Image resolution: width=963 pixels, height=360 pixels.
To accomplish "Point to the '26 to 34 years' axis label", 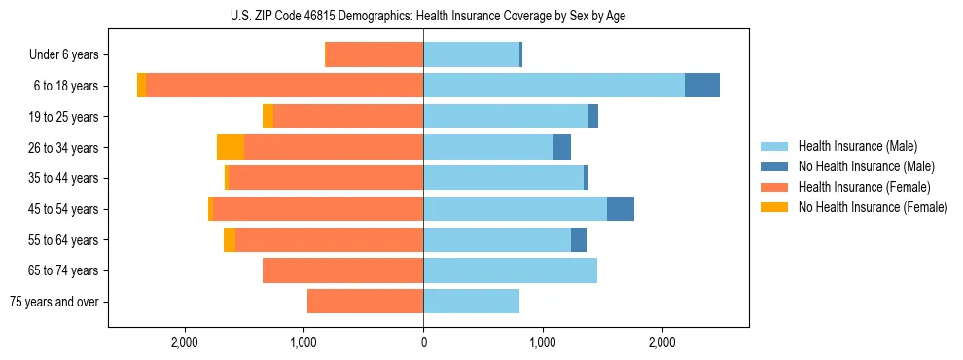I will (65, 147).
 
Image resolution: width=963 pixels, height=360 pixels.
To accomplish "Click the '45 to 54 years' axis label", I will (65, 209).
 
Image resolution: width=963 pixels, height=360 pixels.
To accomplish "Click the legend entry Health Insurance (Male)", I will (857, 146).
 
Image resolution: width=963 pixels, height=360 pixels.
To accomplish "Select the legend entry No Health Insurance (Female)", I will (873, 207).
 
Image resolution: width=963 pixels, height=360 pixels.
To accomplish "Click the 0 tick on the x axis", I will (423, 342).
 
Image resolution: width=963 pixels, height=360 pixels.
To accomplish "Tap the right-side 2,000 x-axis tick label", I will (661, 342).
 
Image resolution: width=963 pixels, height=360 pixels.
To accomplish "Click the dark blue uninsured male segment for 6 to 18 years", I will (702, 86).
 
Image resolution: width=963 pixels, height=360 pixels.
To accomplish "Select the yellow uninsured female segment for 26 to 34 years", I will (231, 147).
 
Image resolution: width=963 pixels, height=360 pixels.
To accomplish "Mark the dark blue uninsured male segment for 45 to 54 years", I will (621, 209).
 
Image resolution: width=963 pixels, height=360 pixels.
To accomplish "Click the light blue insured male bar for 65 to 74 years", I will (510, 270).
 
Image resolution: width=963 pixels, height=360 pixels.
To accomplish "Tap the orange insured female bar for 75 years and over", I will (365, 302).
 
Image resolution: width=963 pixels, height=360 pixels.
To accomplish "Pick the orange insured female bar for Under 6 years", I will (374, 54).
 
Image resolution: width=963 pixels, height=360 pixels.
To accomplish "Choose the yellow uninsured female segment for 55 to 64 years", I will (230, 239).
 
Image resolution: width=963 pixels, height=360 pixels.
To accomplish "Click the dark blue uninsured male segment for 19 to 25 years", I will (593, 117).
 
